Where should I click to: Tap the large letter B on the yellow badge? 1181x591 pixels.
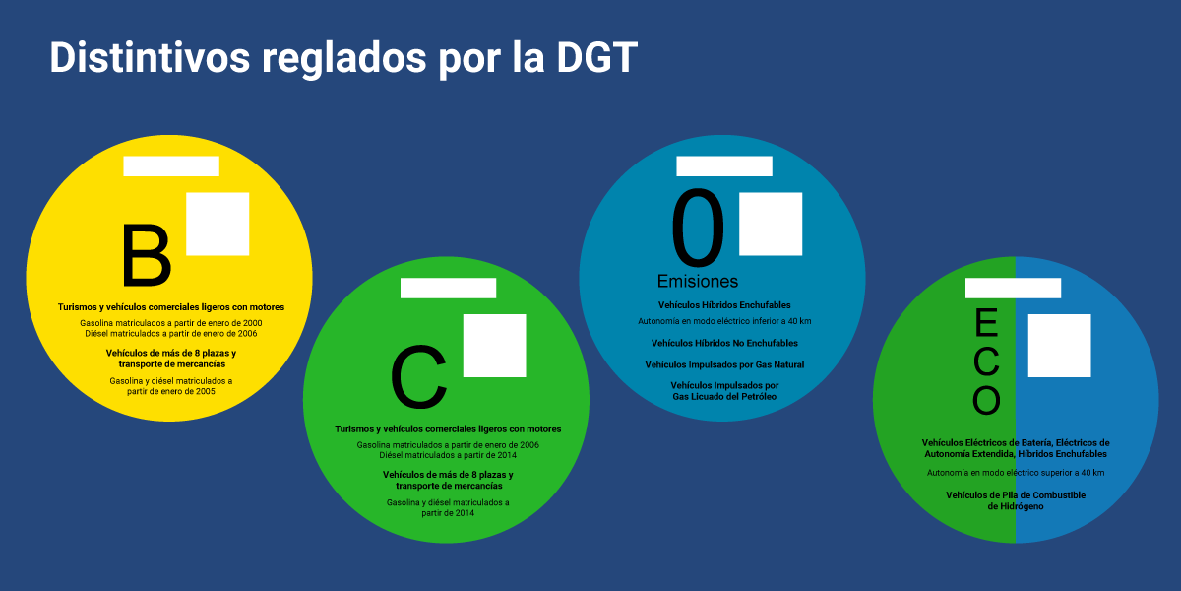click(x=147, y=256)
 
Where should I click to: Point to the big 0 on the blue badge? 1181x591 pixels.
click(x=698, y=229)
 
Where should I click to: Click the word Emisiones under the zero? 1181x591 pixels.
click(x=698, y=281)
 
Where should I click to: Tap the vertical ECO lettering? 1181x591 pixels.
click(x=986, y=361)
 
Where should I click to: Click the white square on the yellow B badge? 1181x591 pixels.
click(x=218, y=224)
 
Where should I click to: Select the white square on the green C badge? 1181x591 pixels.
click(x=494, y=346)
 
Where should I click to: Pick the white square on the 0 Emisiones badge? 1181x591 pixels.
click(x=771, y=224)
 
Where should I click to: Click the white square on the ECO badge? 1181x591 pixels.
click(x=1059, y=346)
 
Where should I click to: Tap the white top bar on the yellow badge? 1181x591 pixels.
click(x=171, y=166)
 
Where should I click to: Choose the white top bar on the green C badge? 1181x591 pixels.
click(x=448, y=288)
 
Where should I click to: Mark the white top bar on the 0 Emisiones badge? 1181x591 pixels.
click(x=724, y=166)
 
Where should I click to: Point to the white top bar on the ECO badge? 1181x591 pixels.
click(x=1013, y=288)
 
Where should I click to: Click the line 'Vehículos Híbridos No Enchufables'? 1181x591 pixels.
click(x=724, y=343)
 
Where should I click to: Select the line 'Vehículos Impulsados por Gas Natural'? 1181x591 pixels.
click(x=724, y=364)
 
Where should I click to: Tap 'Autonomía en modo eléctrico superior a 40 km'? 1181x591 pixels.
click(x=1016, y=473)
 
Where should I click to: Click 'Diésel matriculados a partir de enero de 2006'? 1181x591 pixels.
click(x=171, y=332)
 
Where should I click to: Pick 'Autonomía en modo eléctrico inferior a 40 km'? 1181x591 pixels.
click(x=724, y=321)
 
